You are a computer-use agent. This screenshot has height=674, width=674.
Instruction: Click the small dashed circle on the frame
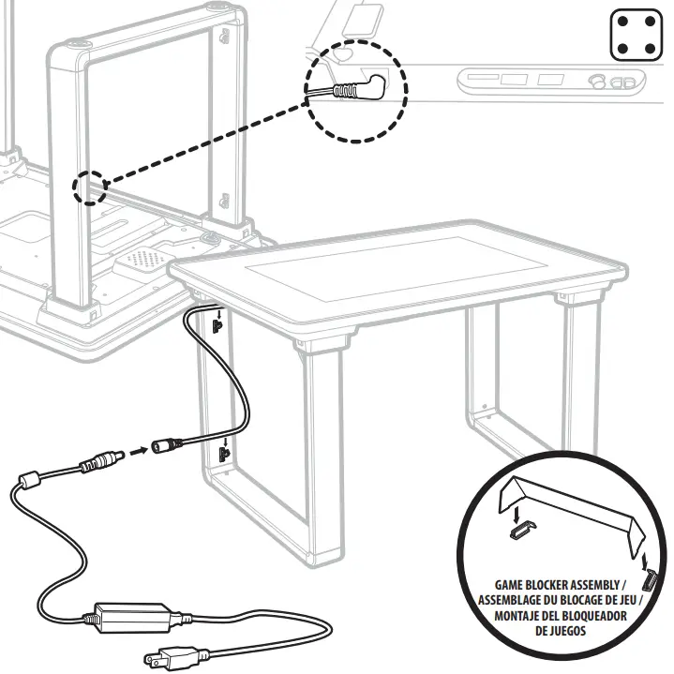click(91, 187)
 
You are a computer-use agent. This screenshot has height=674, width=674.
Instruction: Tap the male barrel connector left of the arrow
click(102, 461)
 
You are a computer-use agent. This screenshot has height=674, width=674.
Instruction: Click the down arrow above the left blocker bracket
click(515, 513)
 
